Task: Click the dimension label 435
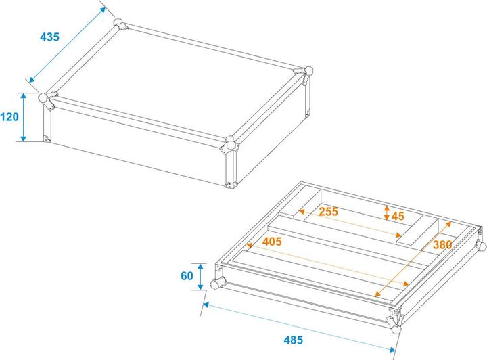[x=49, y=38]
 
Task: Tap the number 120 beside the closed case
[x=9, y=117]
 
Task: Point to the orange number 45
[x=398, y=216]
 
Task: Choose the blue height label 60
[x=187, y=276]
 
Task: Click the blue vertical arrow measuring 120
[x=24, y=117]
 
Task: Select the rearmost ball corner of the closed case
[x=121, y=25]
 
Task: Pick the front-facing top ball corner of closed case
[x=231, y=144]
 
